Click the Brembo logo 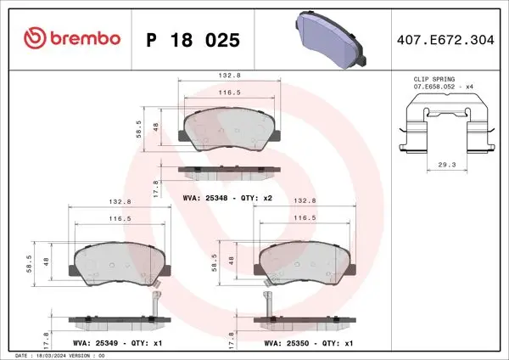click(x=72, y=38)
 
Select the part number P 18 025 click(x=193, y=40)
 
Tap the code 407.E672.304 click(x=445, y=40)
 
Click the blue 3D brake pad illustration click(x=331, y=39)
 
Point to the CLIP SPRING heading click(x=434, y=79)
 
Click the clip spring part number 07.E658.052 click(x=434, y=87)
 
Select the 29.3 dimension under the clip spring click(x=447, y=165)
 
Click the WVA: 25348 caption click(x=205, y=198)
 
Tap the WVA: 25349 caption click(x=95, y=343)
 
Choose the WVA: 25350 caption click(x=287, y=343)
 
